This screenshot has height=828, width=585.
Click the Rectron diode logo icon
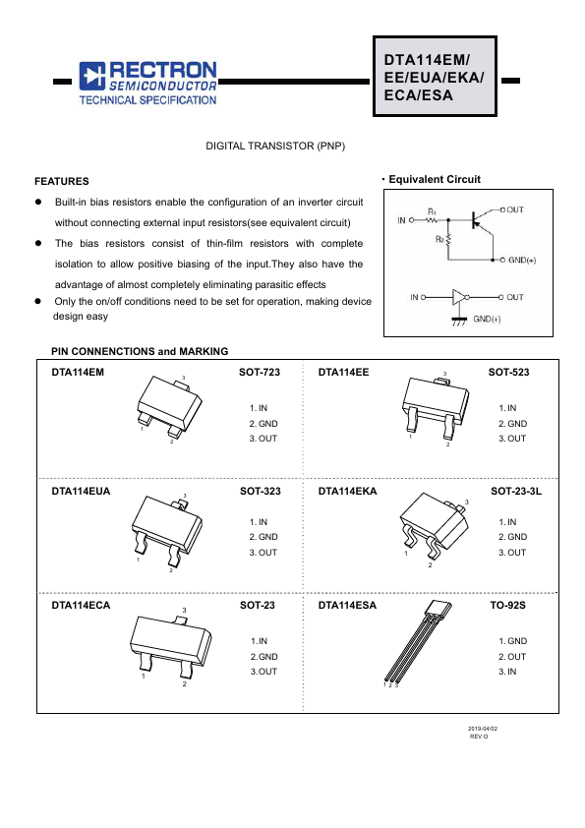pyautogui.click(x=92, y=76)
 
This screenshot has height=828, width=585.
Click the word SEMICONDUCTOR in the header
pyautogui.click(x=162, y=86)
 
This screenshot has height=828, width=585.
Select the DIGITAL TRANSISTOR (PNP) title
pyautogui.click(x=275, y=146)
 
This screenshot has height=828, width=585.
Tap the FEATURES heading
pyautogui.click(x=62, y=181)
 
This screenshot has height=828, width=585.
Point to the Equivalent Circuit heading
pyautogui.click(x=435, y=179)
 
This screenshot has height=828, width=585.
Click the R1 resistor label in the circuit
pyautogui.click(x=432, y=211)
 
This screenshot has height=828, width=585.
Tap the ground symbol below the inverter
pyautogui.click(x=459, y=321)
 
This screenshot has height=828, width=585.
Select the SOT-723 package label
pyautogui.click(x=260, y=372)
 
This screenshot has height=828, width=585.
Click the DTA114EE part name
pyautogui.click(x=343, y=372)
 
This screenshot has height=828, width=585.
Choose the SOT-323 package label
pyautogui.click(x=261, y=491)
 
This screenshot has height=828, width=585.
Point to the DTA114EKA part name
pyautogui.click(x=347, y=491)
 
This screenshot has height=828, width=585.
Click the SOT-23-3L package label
pyautogui.click(x=516, y=491)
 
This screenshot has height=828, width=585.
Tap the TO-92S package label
pyautogui.click(x=507, y=605)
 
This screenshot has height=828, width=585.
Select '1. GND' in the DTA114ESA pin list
pyautogui.click(x=512, y=640)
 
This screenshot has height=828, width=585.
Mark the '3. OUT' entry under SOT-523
pyautogui.click(x=512, y=438)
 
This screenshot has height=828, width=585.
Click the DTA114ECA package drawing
pyautogui.click(x=170, y=645)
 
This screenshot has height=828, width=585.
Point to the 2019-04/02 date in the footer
pyautogui.click(x=483, y=729)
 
